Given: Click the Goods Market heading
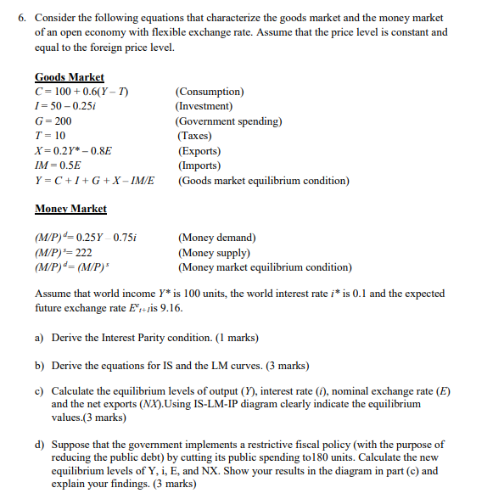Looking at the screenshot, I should (70, 77).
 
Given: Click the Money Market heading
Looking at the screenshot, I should (70, 209).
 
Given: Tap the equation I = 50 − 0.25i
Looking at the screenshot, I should (73, 106).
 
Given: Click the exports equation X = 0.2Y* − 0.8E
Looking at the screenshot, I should (74, 151).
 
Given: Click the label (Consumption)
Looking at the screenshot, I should (210, 92).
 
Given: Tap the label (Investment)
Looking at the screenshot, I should (204, 106).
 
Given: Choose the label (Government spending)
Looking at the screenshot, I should (228, 121).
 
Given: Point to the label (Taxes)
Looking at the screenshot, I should (194, 136).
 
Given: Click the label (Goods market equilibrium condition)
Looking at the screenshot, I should (263, 181).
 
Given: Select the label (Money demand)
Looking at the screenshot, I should (216, 238).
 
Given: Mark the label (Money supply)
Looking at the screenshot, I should (214, 252).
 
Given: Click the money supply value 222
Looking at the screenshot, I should (83, 253).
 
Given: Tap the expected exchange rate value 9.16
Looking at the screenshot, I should (171, 308).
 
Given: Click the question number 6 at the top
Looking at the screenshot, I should (20, 17).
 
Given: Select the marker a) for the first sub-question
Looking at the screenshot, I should (39, 338).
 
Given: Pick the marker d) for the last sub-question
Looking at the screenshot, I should (40, 444).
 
